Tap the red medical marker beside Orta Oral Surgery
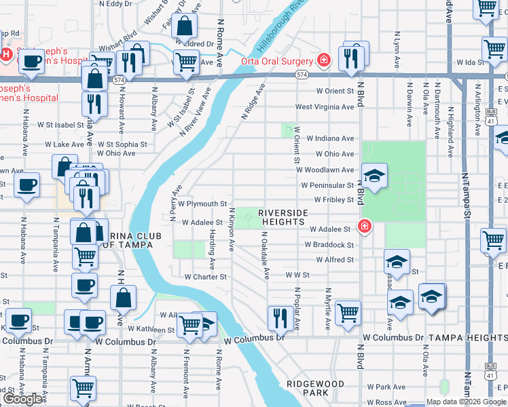(x=324, y=60)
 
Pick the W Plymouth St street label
(x=202, y=203)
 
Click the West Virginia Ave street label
(x=324, y=106)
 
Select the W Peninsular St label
(x=328, y=185)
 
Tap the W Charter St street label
(x=206, y=277)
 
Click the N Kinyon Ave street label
(x=232, y=229)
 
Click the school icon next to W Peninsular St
(x=375, y=176)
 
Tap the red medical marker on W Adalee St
(x=365, y=226)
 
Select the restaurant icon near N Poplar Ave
(x=279, y=316)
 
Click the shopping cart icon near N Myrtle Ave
(x=348, y=313)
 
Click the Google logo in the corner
(x=23, y=399)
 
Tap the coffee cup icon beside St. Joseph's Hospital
(x=31, y=62)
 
